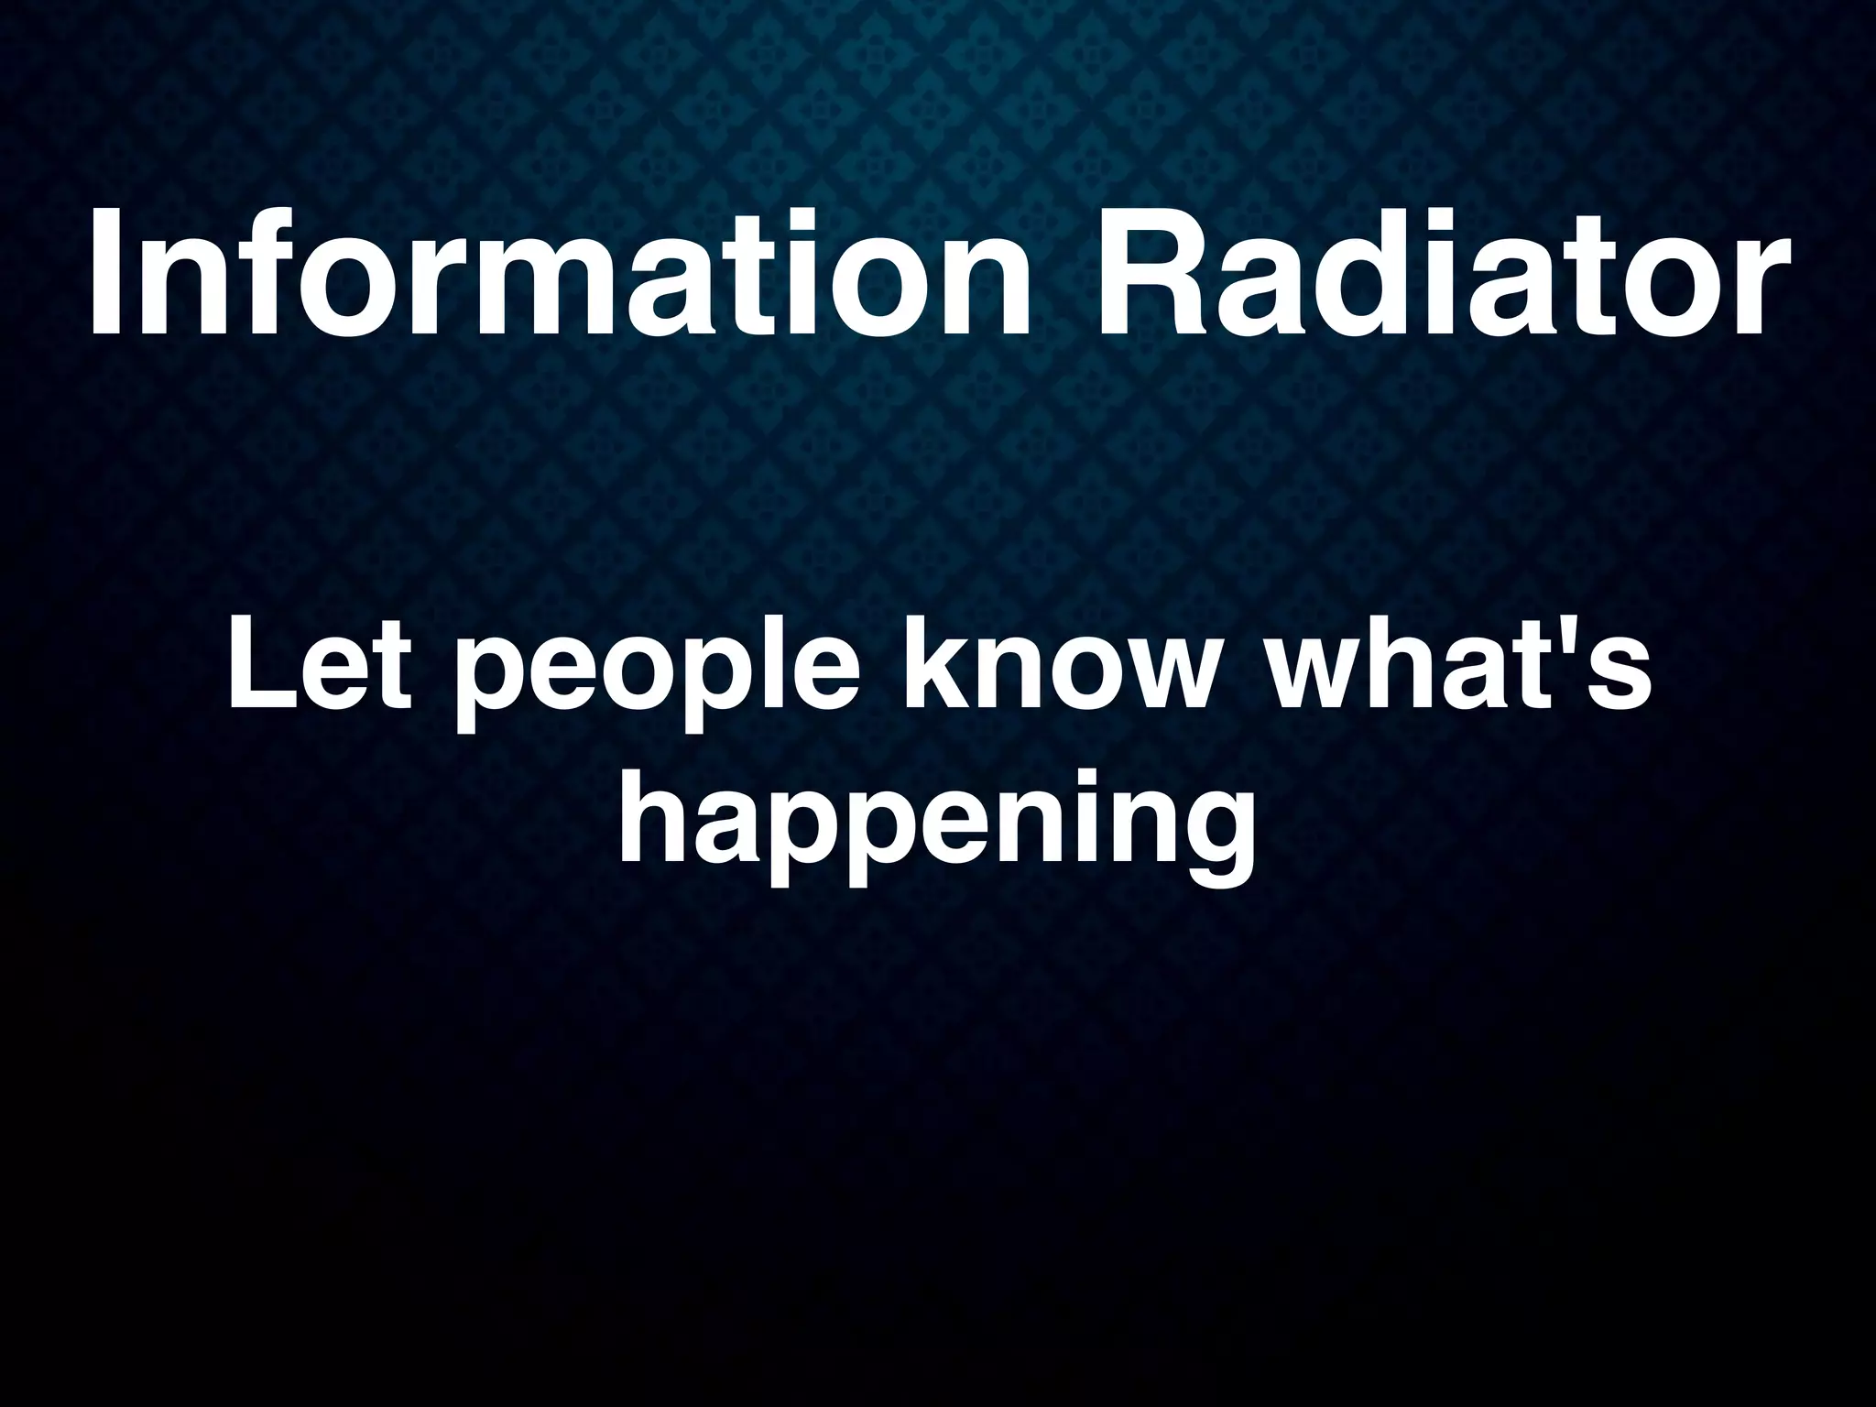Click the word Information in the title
tap(561, 272)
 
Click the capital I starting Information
tap(108, 272)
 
